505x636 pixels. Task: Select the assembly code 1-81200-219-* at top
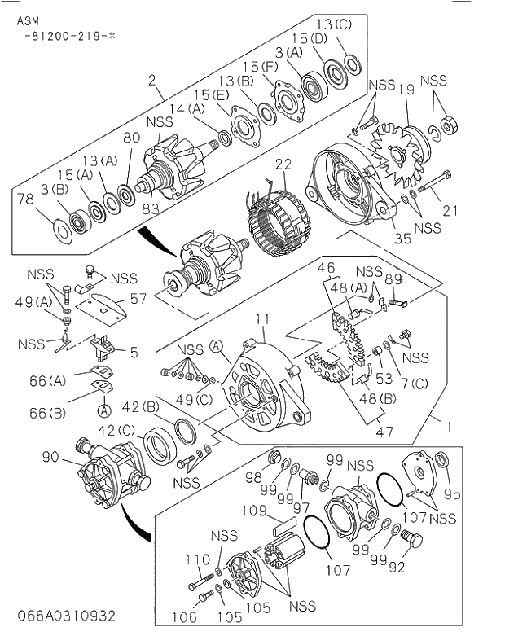coord(64,37)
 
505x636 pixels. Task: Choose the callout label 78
coord(25,200)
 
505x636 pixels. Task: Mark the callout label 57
coord(138,299)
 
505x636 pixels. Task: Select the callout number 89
coord(394,279)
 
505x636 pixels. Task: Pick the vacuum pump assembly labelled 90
coord(113,473)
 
